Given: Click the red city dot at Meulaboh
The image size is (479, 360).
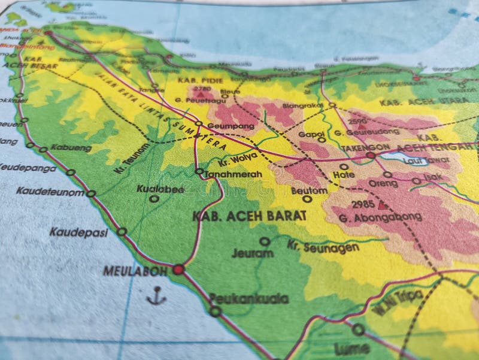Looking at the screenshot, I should point(178,270).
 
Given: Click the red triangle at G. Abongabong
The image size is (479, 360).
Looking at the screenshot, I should point(382,205).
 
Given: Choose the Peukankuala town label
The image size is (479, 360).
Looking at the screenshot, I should point(249,298).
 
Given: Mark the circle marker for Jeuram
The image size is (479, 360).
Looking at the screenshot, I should point(264,241).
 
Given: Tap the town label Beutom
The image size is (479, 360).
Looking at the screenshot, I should point(310,190).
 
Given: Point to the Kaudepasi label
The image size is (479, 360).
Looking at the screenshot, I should point(78,232).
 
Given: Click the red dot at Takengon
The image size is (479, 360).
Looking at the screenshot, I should point(371,155).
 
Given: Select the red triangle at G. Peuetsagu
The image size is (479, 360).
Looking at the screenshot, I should point(201,94).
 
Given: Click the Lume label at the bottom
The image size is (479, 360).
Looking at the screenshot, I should point(351,348).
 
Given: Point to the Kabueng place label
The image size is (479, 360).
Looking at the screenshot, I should point(71,148).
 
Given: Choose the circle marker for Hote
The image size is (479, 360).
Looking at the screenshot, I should point(344,167).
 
